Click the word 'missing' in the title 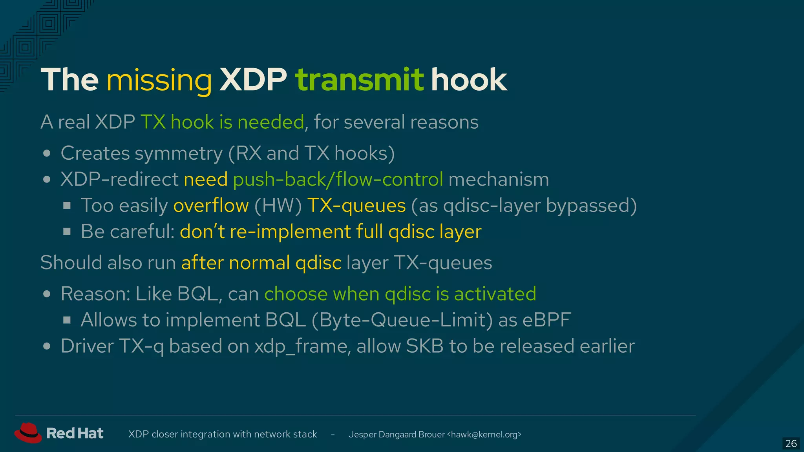[159, 80]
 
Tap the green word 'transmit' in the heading [359, 80]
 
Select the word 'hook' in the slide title [469, 80]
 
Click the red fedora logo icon [28, 433]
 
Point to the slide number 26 [791, 443]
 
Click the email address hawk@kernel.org [485, 434]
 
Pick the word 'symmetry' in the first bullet [179, 153]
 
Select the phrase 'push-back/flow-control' [338, 180]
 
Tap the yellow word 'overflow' [211, 206]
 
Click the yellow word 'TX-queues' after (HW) [356, 206]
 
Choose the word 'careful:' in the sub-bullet [142, 231]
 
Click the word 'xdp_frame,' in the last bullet [303, 346]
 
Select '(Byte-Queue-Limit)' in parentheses [402, 320]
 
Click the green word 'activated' [495, 294]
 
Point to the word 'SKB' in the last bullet [425, 346]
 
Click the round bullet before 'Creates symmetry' [47, 153]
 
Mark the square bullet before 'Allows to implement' [67, 320]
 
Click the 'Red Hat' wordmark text [75, 433]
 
